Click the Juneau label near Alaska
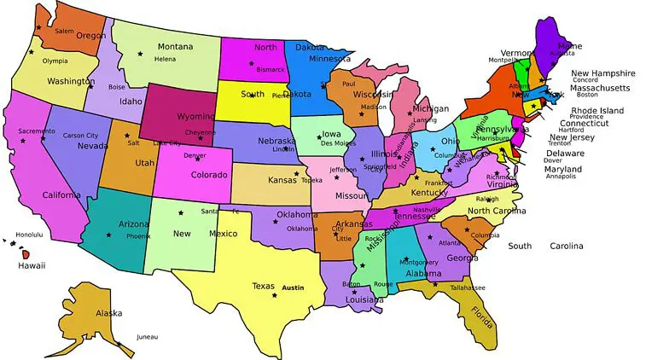click(x=147, y=336)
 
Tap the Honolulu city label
click(x=28, y=235)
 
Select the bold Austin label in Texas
click(x=293, y=287)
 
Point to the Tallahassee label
click(x=467, y=287)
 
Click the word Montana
click(x=175, y=46)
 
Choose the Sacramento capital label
click(x=36, y=131)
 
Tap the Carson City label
click(x=81, y=136)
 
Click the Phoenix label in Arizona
click(x=138, y=235)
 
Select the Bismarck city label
click(x=271, y=68)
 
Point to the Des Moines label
click(x=338, y=143)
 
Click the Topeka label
click(x=311, y=181)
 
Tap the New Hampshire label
click(x=602, y=73)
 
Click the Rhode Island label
click(x=597, y=111)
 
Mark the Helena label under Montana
click(x=165, y=60)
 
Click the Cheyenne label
click(x=201, y=132)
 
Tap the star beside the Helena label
click(x=141, y=54)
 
